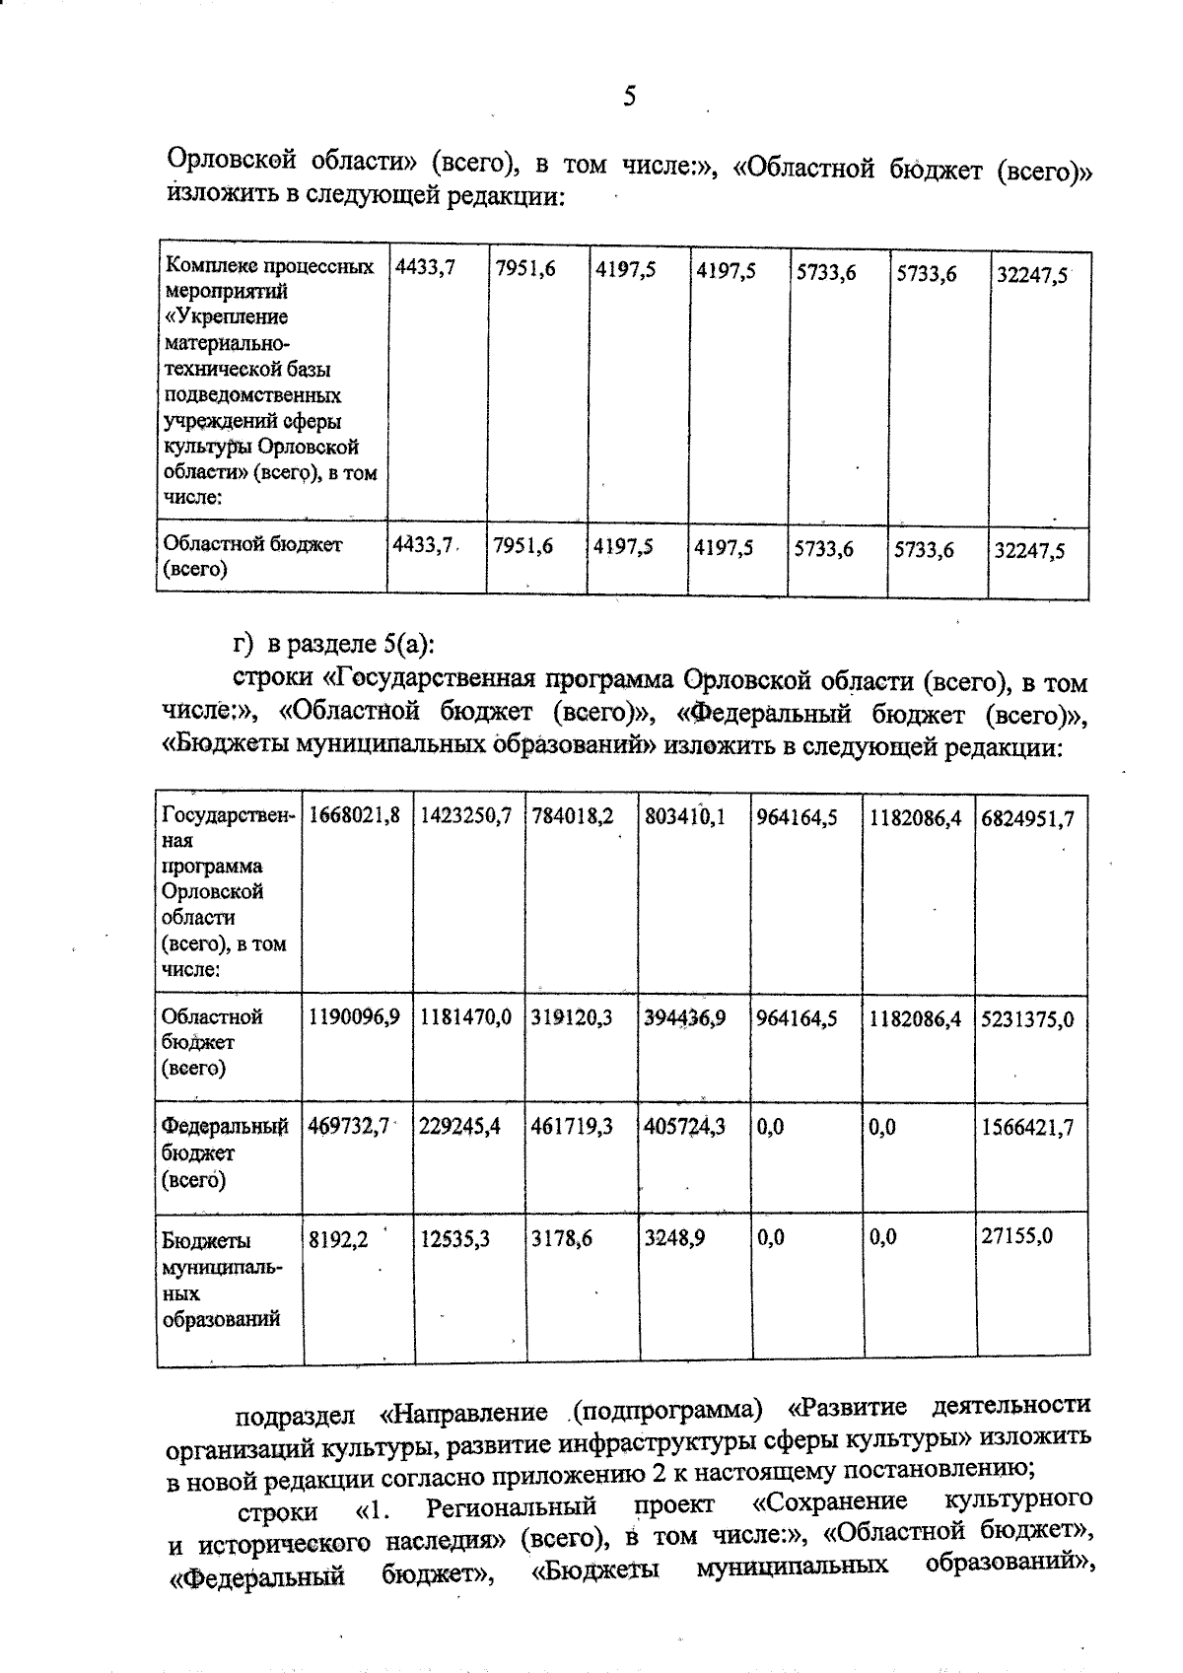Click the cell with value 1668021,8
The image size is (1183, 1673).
tap(355, 817)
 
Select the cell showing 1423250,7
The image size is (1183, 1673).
tap(466, 817)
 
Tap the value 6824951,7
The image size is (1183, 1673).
tap(1027, 818)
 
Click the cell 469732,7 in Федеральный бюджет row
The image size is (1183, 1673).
tap(349, 1126)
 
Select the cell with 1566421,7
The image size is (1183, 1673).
tap(1027, 1127)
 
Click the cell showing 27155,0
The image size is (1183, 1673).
tap(1016, 1235)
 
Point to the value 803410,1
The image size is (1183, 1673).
tap(684, 817)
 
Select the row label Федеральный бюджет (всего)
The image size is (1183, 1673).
tap(225, 1151)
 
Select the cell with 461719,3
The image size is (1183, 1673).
tap(572, 1126)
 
